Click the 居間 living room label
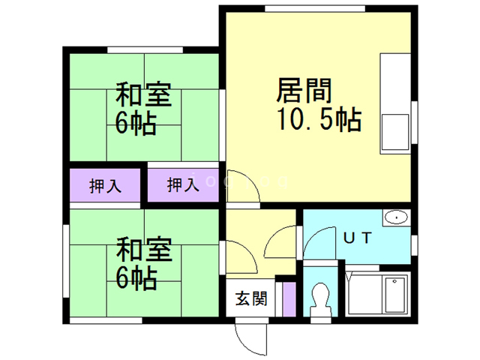(304, 91)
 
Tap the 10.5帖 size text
(319, 119)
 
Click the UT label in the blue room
(358, 238)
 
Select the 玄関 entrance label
(251, 298)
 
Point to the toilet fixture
(320, 299)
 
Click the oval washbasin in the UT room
(397, 217)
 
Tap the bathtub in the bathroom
(377, 293)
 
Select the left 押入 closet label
(105, 186)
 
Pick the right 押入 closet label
(183, 185)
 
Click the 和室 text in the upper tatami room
(143, 94)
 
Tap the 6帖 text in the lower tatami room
(136, 279)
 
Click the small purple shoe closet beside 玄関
(289, 299)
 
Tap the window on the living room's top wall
(315, 8)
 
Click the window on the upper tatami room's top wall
(145, 50)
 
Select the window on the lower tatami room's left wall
(66, 261)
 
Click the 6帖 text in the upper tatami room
(136, 123)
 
